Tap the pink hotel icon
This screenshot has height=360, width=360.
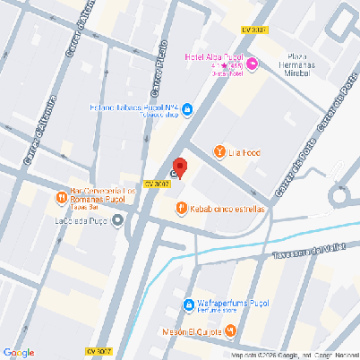[252, 63]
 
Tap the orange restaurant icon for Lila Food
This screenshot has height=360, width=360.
[219, 152]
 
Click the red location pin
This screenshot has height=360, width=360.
[179, 167]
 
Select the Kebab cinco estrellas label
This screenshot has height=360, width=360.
[227, 209]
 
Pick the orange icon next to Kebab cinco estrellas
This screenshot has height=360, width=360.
[182, 209]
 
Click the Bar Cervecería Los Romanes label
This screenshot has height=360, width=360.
[104, 196]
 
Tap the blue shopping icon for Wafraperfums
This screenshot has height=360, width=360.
[188, 305]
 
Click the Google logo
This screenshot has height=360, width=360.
[19, 352]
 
